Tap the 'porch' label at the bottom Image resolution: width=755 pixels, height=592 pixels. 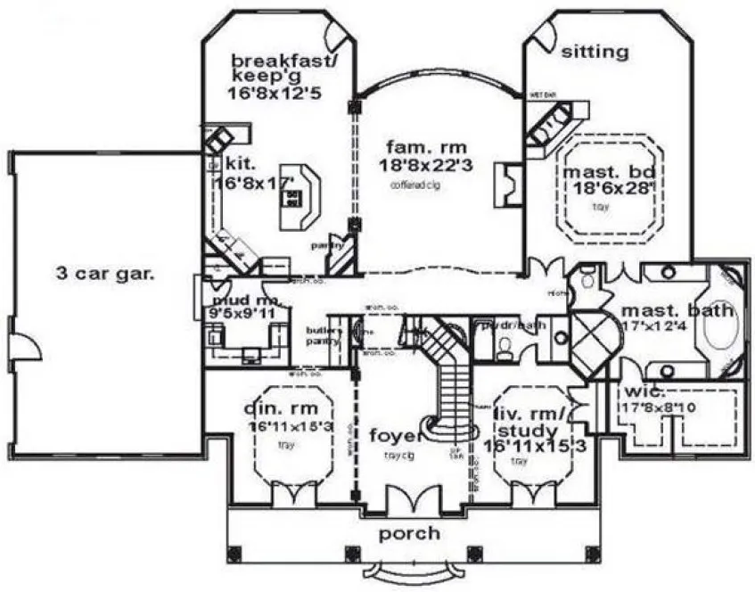(410, 533)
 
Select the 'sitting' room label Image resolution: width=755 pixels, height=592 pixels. (595, 53)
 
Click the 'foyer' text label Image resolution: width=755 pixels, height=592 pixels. (395, 436)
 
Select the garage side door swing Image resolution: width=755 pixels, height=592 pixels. (27, 349)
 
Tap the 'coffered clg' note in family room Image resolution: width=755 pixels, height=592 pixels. (414, 186)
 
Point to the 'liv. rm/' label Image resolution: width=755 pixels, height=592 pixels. (526, 412)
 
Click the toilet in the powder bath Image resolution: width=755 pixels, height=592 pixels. (505, 350)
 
